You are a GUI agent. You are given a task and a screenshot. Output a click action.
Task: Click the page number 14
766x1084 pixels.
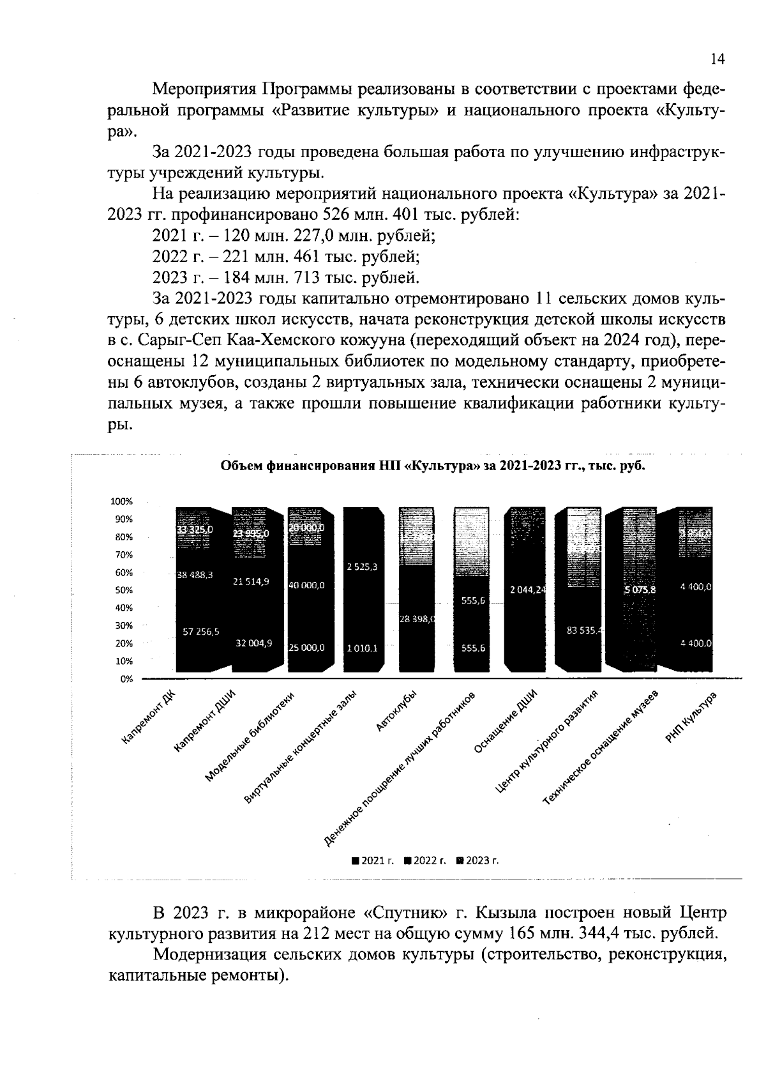[x=717, y=59]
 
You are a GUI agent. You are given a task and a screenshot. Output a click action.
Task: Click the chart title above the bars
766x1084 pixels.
[x=433, y=466]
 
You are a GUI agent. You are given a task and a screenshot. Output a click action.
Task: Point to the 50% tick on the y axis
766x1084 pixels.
[x=123, y=590]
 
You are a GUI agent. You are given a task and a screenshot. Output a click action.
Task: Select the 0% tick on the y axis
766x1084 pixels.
[x=125, y=679]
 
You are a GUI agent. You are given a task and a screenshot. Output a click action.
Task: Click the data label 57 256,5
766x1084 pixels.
[x=201, y=631]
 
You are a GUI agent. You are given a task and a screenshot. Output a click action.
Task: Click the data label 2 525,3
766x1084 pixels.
[x=362, y=567]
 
